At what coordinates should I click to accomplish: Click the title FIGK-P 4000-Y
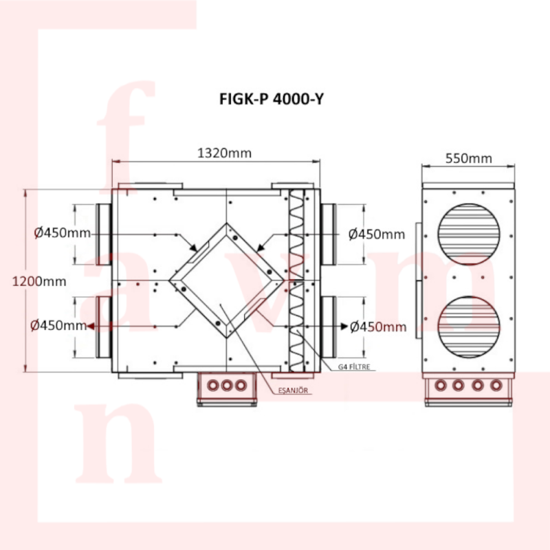coord(271,99)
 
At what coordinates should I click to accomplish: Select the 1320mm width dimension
coord(225,153)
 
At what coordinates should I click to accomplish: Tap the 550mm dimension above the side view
coord(469,159)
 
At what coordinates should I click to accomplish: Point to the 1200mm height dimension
coord(39,281)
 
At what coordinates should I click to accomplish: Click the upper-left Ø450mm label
coord(63,233)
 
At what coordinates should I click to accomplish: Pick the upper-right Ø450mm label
coord(377,234)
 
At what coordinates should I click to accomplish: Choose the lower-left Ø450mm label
coord(58,325)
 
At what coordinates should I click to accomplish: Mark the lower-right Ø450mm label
coord(379,327)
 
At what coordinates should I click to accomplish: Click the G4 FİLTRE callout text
coord(354,367)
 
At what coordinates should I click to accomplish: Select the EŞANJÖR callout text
coord(293,390)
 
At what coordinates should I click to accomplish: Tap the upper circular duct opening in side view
coord(469,234)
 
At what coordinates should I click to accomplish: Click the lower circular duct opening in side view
coord(469,327)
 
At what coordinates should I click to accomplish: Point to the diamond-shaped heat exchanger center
coord(227,280)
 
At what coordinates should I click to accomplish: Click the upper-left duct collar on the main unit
coord(104,234)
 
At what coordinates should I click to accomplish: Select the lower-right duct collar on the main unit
coord(329,327)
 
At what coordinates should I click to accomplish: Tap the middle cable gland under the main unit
coord(227,386)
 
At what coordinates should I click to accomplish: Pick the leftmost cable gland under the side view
coord(440,385)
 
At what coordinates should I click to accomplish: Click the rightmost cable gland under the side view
coord(496,385)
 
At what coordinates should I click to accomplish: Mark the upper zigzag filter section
coord(296,234)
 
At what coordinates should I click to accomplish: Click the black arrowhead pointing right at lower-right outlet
coord(344,326)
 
